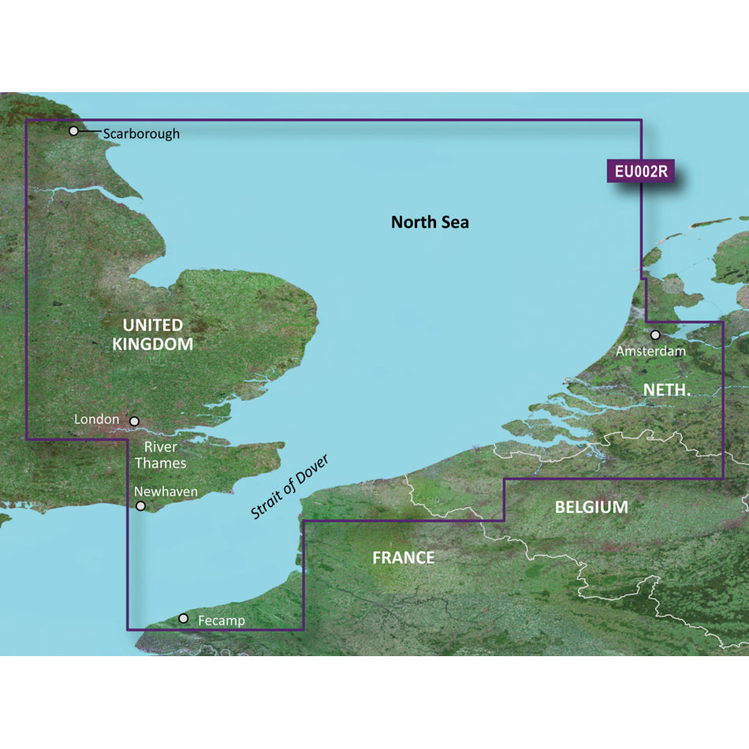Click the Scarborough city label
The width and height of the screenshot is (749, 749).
141,133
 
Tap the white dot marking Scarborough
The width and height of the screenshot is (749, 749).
74,131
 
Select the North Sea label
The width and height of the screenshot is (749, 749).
430,222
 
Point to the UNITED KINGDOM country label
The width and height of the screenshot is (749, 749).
153,334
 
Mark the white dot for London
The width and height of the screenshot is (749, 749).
134,422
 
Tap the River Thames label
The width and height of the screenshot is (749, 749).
161,455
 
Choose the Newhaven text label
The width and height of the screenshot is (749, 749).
166,491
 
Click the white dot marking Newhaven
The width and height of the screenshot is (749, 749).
141,506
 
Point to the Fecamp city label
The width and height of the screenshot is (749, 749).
222,620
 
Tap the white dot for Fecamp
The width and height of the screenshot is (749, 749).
184,619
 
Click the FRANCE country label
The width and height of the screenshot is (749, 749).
404,558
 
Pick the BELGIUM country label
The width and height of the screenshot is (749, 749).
591,507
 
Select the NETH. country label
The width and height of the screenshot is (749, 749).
667,389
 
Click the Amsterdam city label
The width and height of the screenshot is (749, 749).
650,351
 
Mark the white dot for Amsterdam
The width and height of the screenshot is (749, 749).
655,335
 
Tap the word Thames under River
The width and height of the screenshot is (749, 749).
161,463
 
